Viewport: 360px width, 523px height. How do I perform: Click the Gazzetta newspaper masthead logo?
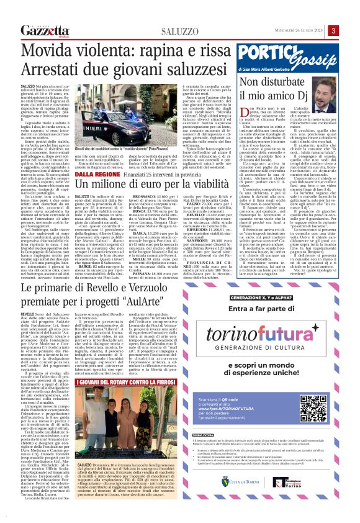(x=44, y=31)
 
